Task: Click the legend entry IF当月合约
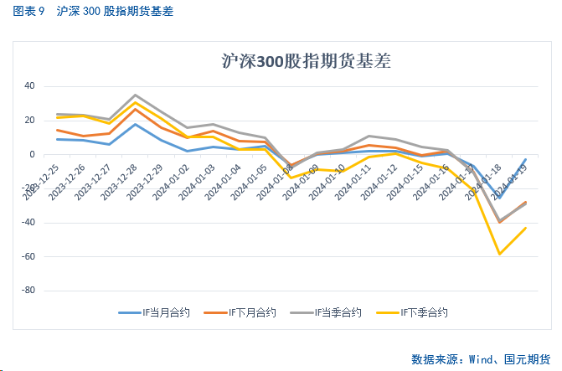pyautogui.click(x=155, y=313)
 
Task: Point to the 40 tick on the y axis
pyautogui.click(x=28, y=86)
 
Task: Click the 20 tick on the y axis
pyautogui.click(x=28, y=121)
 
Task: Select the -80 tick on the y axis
pyautogui.click(x=27, y=291)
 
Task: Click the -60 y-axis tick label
pyautogui.click(x=27, y=256)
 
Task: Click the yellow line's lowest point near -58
pyautogui.click(x=500, y=254)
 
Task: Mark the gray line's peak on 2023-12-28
pyautogui.click(x=136, y=95)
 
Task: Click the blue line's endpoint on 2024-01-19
pyautogui.click(x=526, y=159)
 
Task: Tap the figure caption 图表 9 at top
pyautogui.click(x=30, y=13)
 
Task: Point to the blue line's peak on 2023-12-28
pyautogui.click(x=136, y=124)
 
